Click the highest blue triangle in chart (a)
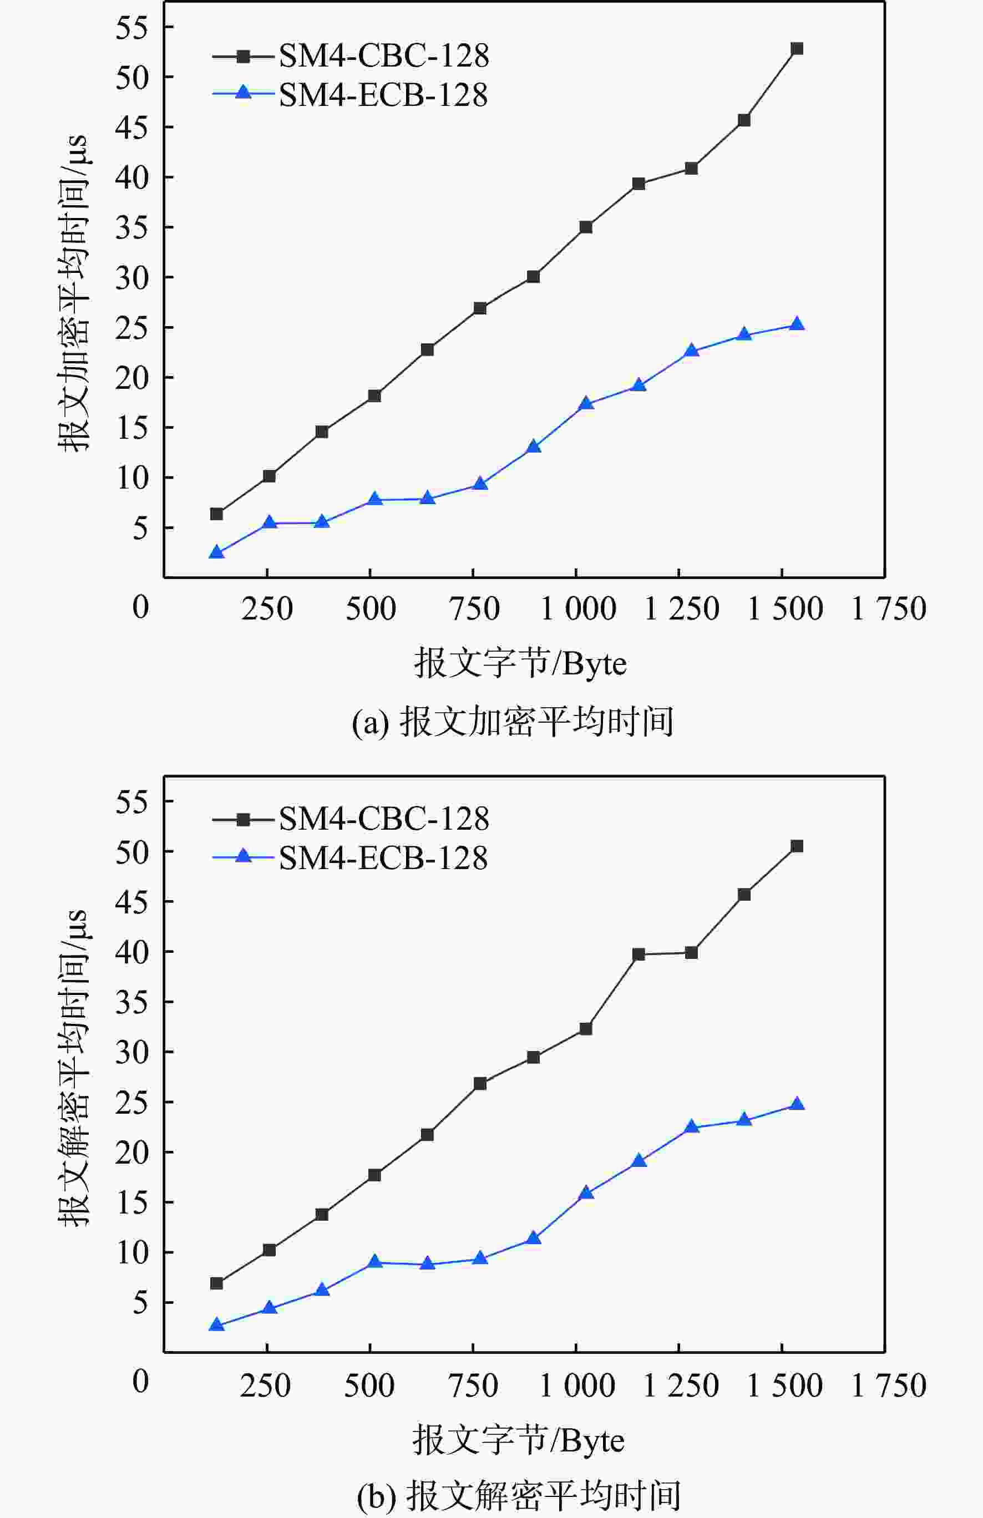pos(796,324)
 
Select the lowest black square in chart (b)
pos(217,1283)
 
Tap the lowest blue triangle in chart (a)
pos(217,552)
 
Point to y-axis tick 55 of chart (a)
pos(131,27)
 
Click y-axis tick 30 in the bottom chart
pos(131,1052)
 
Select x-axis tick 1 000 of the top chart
pos(578,608)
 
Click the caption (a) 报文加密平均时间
pos(513,722)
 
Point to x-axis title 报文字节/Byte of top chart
pos(520,663)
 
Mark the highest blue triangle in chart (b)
pos(796,1105)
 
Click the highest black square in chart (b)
pos(796,846)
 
